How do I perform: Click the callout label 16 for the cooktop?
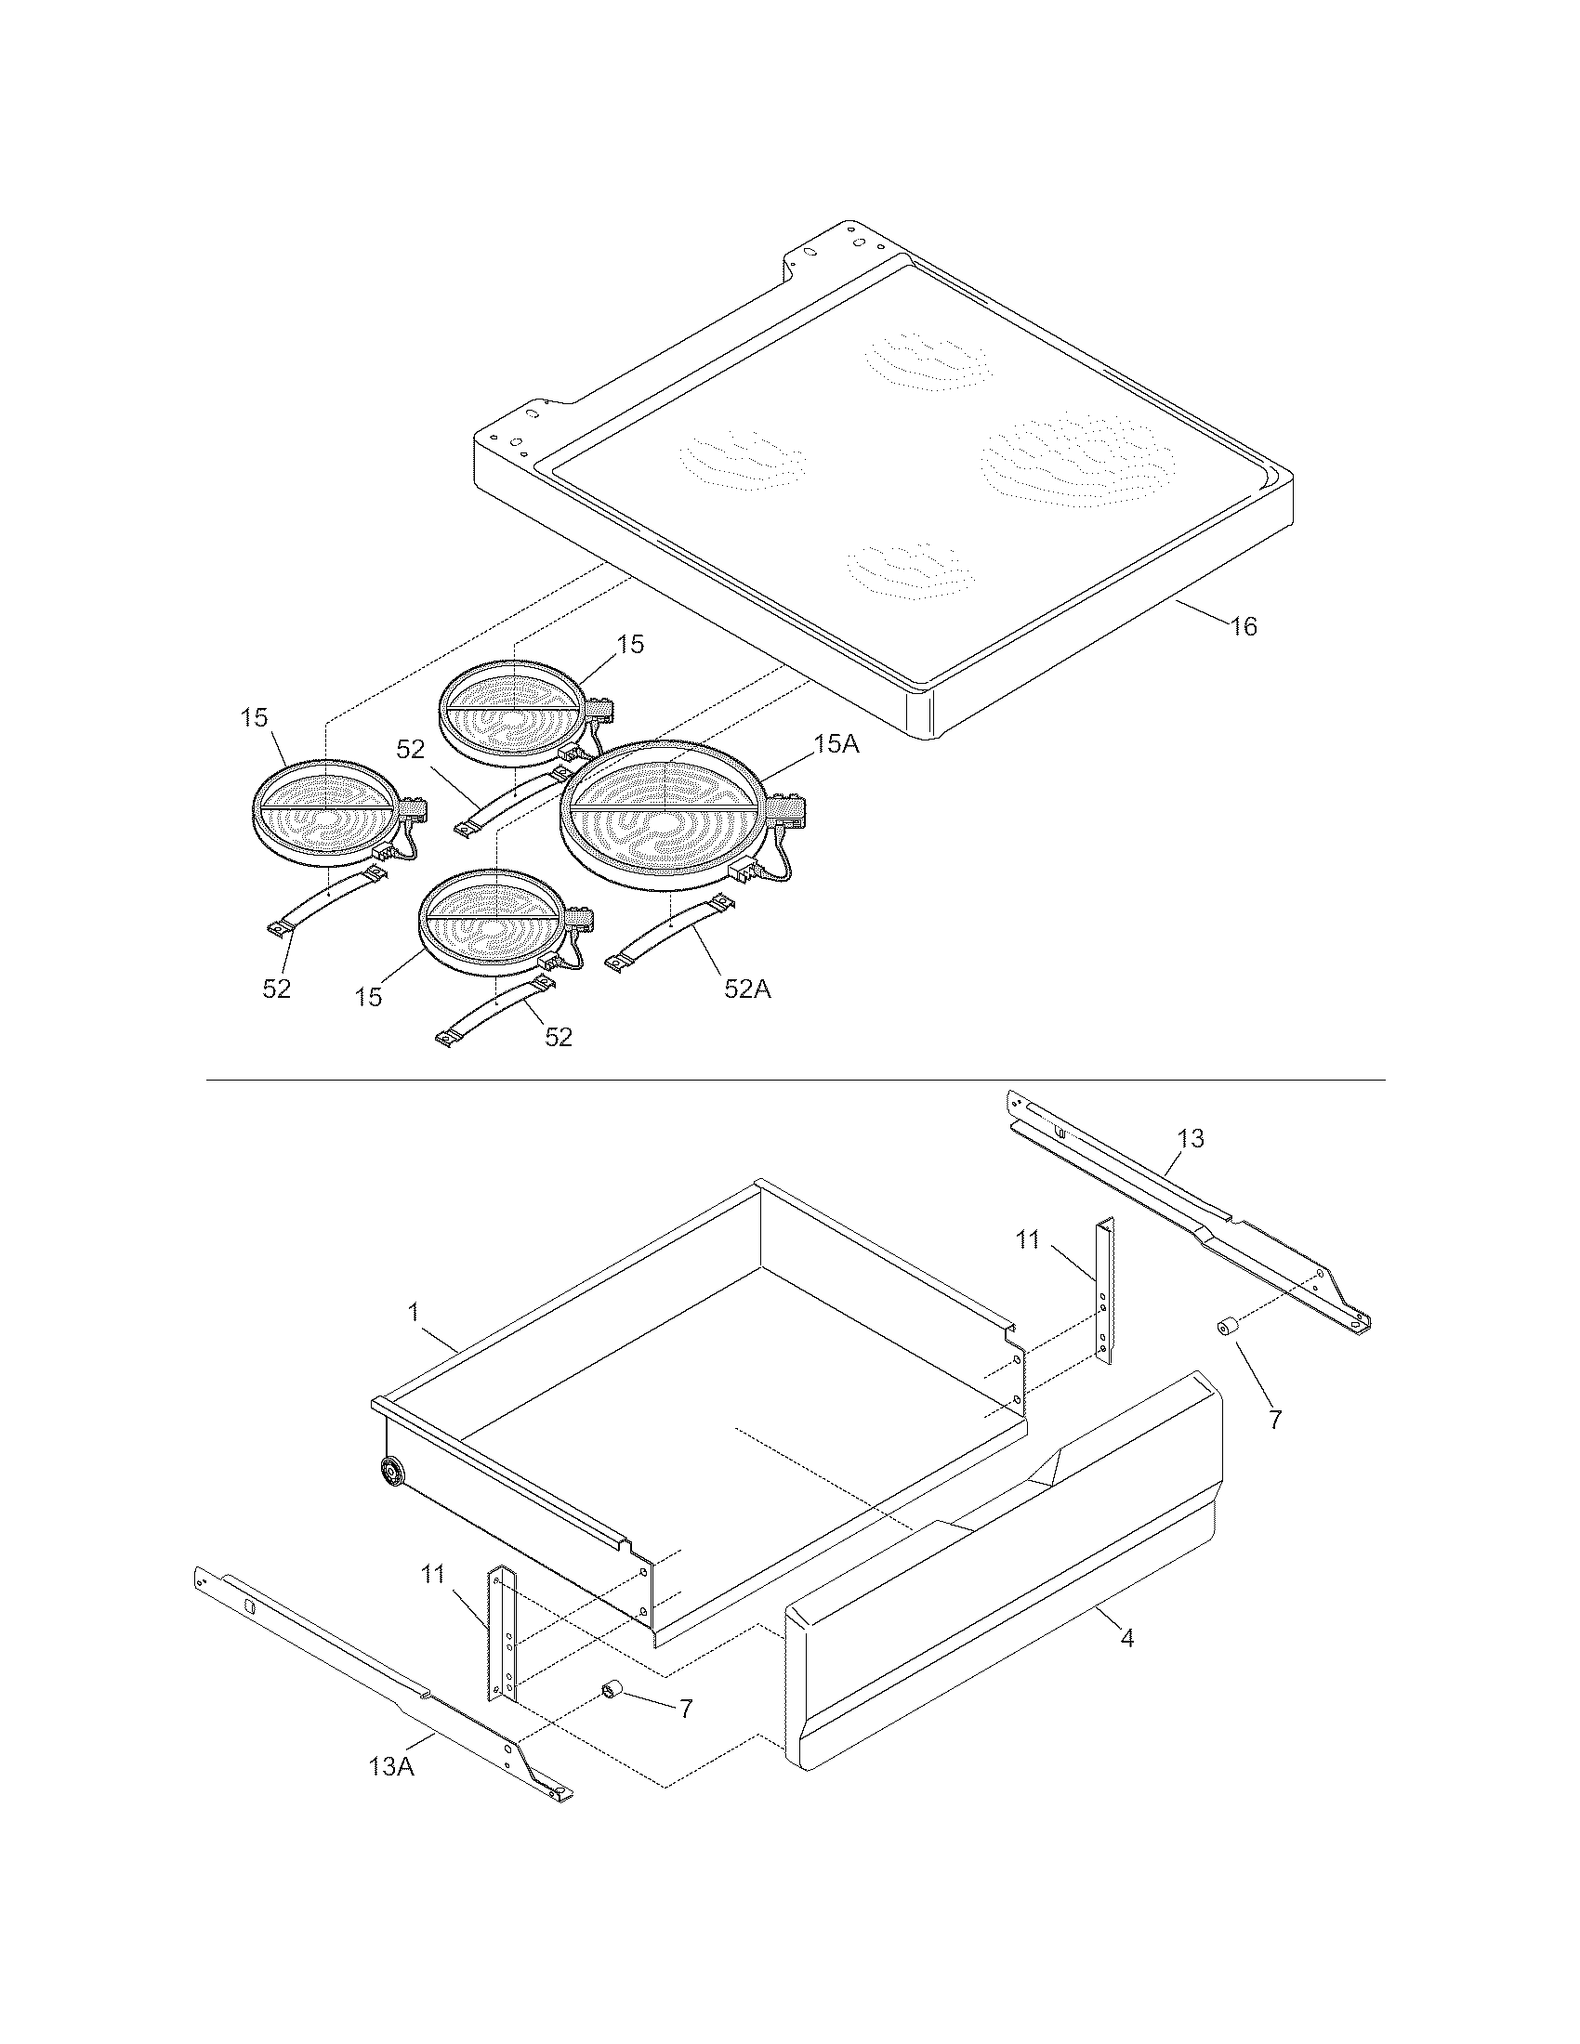[1244, 626]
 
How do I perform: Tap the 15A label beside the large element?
[836, 744]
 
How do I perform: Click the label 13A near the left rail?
[391, 1766]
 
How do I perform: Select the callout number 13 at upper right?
[1191, 1139]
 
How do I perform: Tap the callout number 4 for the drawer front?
[1127, 1638]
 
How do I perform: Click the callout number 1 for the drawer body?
[413, 1312]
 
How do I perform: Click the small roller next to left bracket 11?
[614, 1688]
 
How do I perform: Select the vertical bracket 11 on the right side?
[1105, 1291]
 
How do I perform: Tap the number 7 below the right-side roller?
[1274, 1419]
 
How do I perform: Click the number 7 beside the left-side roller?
[685, 1709]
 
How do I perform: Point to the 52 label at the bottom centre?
[558, 1037]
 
